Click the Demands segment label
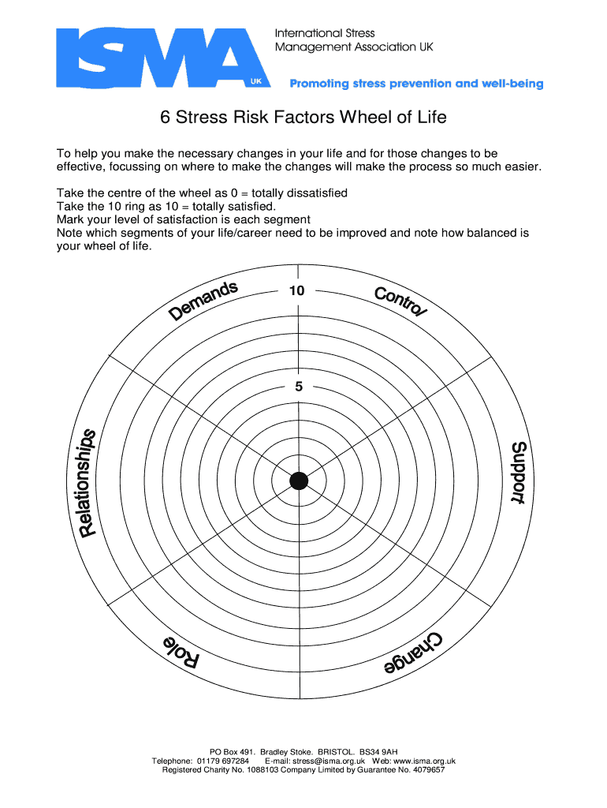pyautogui.click(x=204, y=301)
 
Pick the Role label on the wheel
pyautogui.click(x=181, y=651)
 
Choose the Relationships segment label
pyautogui.click(x=88, y=482)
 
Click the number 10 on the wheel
pyautogui.click(x=296, y=290)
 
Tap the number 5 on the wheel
pyautogui.click(x=299, y=387)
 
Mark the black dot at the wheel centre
pyautogui.click(x=299, y=481)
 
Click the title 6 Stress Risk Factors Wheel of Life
pyautogui.click(x=303, y=118)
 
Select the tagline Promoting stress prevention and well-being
pyautogui.click(x=417, y=84)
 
